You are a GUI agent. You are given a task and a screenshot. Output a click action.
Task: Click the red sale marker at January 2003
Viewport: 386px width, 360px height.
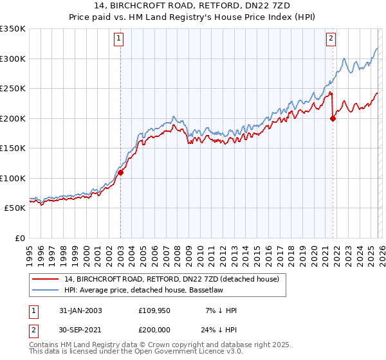120,172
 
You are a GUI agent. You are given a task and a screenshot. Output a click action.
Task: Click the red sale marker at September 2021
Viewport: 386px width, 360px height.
333,118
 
